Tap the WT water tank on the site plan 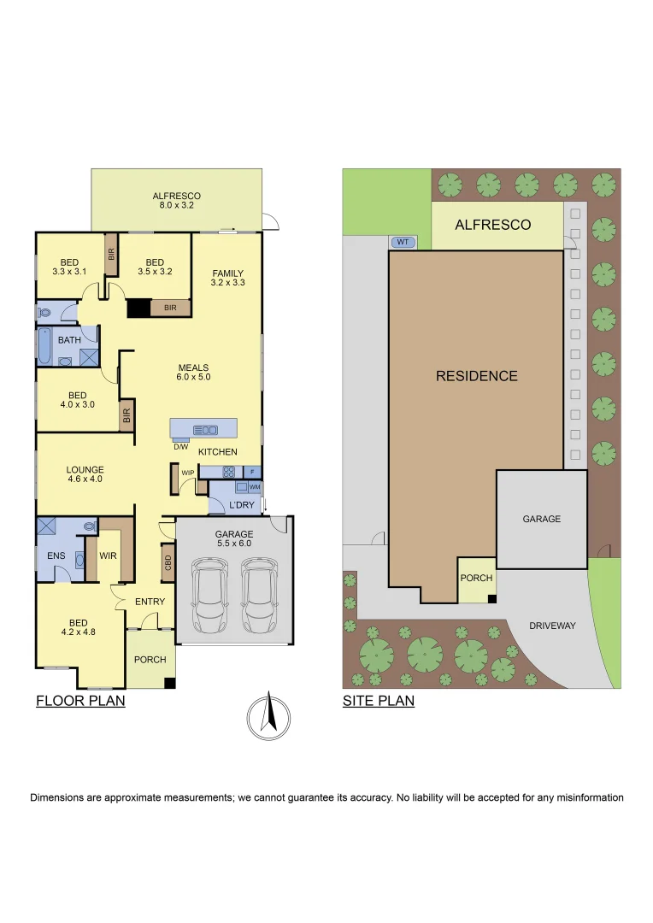pos(403,242)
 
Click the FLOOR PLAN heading pos(80,701)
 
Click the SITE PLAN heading pos(379,701)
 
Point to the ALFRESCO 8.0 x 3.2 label pos(177,201)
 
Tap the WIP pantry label pos(187,472)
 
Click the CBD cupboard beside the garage pos(168,562)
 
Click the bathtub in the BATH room pos(44,345)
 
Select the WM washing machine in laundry pos(254,486)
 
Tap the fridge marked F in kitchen pos(253,472)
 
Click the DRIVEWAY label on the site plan pos(552,626)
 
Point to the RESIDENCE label pos(476,375)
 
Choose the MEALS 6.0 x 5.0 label pos(193,372)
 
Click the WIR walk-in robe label pos(108,556)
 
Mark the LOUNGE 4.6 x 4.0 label pos(85,474)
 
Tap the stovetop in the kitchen pos(229,471)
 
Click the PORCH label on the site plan pos(476,578)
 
